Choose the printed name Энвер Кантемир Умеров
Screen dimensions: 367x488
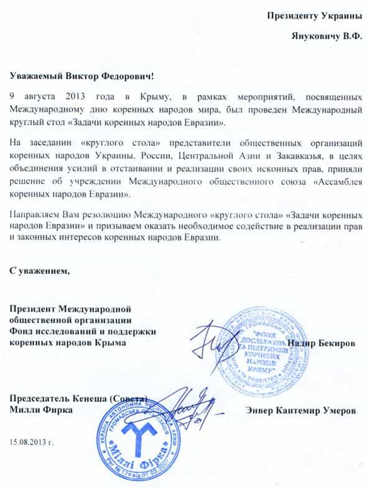(301, 411)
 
